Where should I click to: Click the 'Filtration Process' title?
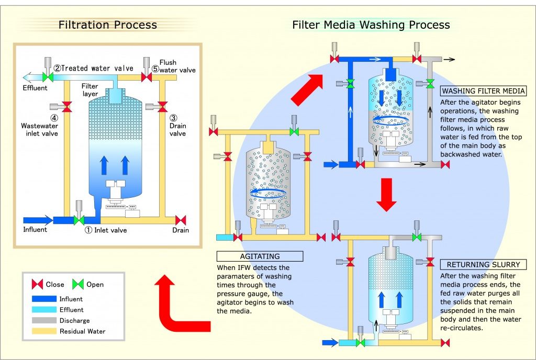pyautogui.click(x=107, y=25)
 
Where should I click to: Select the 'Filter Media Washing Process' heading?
pyautogui.click(x=371, y=25)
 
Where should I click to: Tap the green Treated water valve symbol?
pyautogui.click(x=48, y=77)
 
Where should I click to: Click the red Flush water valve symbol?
pyautogui.click(x=147, y=77)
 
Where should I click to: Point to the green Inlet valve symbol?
pyautogui.click(x=79, y=220)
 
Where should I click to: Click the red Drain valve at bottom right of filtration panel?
pyautogui.click(x=181, y=220)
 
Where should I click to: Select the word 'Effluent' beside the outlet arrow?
pyautogui.click(x=35, y=88)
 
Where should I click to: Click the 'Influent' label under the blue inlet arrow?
pyautogui.click(x=35, y=230)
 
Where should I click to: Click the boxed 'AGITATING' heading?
pyautogui.click(x=260, y=256)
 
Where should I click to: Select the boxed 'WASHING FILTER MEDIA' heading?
pyautogui.click(x=476, y=91)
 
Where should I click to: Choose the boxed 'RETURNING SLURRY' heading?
pyautogui.click(x=476, y=265)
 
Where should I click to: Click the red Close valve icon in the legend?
pyautogui.click(x=38, y=285)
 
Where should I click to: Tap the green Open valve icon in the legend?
pyautogui.click(x=77, y=285)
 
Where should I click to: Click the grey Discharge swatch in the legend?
pyautogui.click(x=44, y=320)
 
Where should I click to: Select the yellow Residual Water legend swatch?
pyautogui.click(x=44, y=331)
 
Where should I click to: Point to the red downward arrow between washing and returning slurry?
pyautogui.click(x=387, y=195)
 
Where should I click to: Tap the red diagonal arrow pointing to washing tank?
pyautogui.click(x=307, y=89)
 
